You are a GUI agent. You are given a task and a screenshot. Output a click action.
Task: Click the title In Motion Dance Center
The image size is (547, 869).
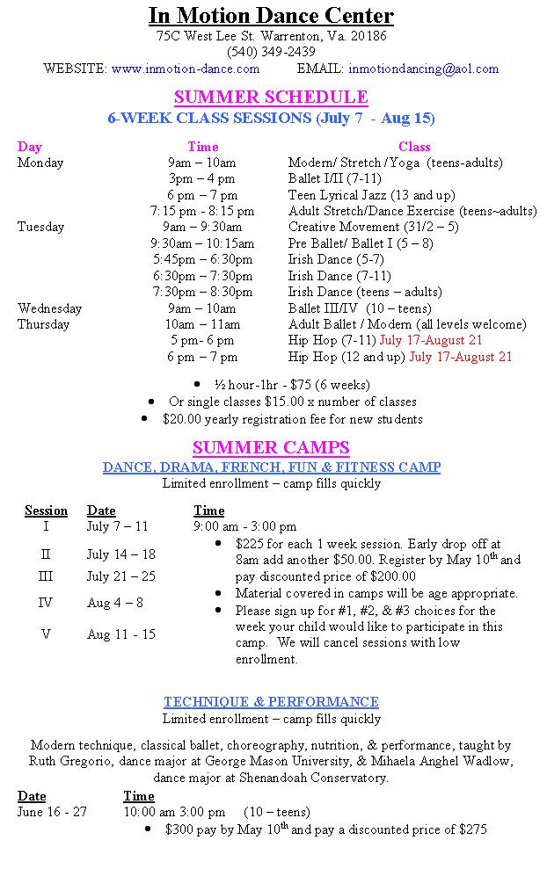click(271, 16)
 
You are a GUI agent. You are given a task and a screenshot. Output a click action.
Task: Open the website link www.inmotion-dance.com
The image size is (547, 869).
click(186, 69)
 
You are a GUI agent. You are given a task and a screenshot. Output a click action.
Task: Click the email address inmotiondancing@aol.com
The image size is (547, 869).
click(423, 69)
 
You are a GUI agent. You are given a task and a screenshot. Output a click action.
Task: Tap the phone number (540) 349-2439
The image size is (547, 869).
click(271, 52)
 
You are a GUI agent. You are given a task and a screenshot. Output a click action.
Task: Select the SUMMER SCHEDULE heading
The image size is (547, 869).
click(271, 97)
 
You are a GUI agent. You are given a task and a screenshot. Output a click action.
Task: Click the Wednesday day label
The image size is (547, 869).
click(49, 308)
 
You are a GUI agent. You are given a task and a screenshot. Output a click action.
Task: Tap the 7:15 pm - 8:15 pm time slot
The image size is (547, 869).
click(202, 211)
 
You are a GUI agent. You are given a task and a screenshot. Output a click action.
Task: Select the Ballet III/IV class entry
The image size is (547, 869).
click(359, 308)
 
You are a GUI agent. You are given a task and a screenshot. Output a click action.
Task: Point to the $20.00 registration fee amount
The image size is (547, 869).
click(181, 419)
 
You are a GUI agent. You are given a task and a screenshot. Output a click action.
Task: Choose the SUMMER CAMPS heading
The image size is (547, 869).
click(271, 447)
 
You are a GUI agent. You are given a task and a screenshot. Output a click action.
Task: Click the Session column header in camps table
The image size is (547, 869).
click(46, 511)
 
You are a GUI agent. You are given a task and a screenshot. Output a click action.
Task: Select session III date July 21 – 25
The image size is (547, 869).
click(120, 576)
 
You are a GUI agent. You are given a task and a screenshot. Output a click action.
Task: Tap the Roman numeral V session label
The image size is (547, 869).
click(46, 634)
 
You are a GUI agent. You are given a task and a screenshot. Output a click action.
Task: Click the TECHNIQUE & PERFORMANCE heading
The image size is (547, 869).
click(271, 702)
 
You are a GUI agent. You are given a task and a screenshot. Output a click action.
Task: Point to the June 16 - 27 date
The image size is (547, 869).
click(52, 812)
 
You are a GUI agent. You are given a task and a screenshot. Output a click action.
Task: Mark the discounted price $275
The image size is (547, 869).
click(473, 829)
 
